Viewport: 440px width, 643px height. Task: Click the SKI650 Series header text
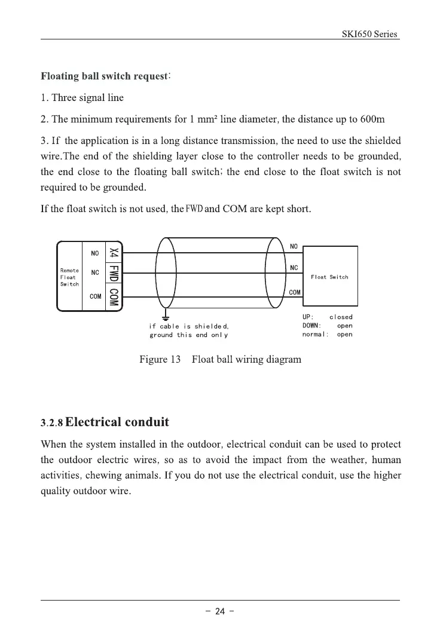pyautogui.click(x=369, y=34)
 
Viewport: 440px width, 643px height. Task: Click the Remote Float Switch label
pyautogui.click(x=69, y=277)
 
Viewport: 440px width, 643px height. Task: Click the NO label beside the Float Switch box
pyautogui.click(x=294, y=246)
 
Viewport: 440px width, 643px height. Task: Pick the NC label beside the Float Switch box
pyautogui.click(x=294, y=268)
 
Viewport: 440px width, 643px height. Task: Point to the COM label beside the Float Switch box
pyautogui.click(x=295, y=292)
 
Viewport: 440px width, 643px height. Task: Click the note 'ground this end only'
pyautogui.click(x=188, y=335)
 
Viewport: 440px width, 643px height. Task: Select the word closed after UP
pyautogui.click(x=341, y=317)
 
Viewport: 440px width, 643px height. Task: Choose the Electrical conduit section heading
pyautogui.click(x=117, y=422)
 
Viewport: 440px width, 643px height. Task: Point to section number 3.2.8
pyautogui.click(x=51, y=424)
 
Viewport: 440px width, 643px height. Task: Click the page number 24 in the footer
pyautogui.click(x=219, y=611)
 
